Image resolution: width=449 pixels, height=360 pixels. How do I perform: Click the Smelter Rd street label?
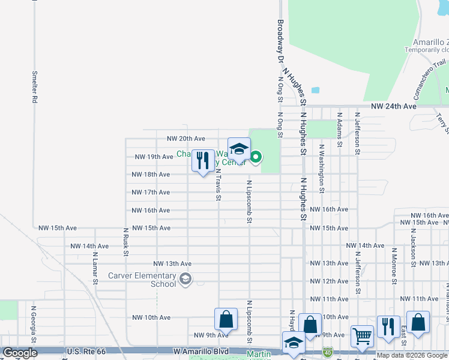point(35,87)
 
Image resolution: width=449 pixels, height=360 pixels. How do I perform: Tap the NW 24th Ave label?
point(393,106)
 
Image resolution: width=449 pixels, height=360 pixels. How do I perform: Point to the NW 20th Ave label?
point(186,139)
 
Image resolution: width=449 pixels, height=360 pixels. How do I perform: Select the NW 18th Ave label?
point(151,175)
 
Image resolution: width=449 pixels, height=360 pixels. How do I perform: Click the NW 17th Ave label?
point(151,193)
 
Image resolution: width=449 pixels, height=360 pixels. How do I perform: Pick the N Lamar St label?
point(95,263)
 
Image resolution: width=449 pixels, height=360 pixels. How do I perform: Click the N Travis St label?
point(218,183)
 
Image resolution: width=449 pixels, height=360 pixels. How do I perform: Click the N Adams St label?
point(339,129)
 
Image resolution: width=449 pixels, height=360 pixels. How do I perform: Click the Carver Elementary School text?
point(142,280)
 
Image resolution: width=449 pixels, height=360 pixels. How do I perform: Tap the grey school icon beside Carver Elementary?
point(185,278)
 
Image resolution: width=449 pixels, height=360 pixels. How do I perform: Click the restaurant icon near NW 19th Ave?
point(203,161)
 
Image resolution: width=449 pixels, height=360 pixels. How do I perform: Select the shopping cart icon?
point(362,335)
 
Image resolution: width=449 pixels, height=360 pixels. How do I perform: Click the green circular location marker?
point(256,158)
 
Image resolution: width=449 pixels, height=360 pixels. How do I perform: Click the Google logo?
point(20,353)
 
